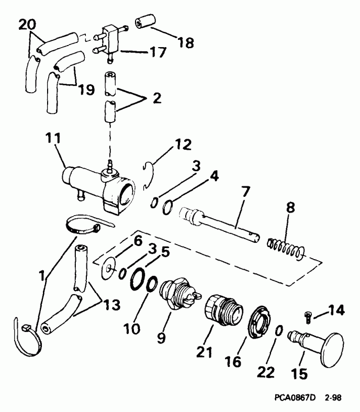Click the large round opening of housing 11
(x=126, y=194)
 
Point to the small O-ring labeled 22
(x=280, y=331)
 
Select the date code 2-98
(x=333, y=398)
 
